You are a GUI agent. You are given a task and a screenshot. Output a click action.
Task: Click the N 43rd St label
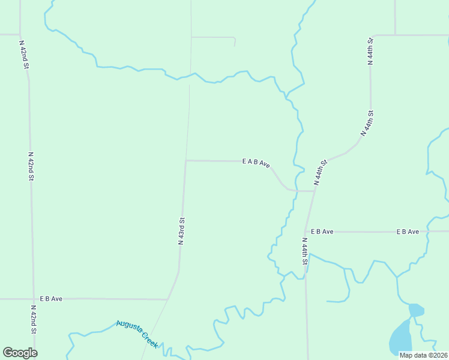(181, 231)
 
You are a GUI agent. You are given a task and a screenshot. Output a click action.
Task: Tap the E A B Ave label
(256, 162)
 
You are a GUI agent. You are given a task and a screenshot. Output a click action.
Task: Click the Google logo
(20, 353)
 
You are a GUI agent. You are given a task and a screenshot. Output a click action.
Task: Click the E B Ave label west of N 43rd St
(51, 298)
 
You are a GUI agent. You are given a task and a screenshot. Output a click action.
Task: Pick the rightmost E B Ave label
(407, 231)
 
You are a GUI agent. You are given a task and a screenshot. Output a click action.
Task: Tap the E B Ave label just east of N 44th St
(322, 231)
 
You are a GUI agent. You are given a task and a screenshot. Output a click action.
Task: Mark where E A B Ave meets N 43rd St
(186, 161)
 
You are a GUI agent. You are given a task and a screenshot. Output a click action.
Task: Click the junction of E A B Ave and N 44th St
(315, 191)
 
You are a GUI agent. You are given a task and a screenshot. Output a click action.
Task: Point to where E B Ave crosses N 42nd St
(33, 298)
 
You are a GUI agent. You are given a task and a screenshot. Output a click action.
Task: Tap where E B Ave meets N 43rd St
(168, 299)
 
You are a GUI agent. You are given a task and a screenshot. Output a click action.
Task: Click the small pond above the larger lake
(415, 310)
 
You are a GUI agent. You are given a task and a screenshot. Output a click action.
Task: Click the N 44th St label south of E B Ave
(305, 251)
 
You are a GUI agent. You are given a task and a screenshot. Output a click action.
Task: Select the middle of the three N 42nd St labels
(31, 166)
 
